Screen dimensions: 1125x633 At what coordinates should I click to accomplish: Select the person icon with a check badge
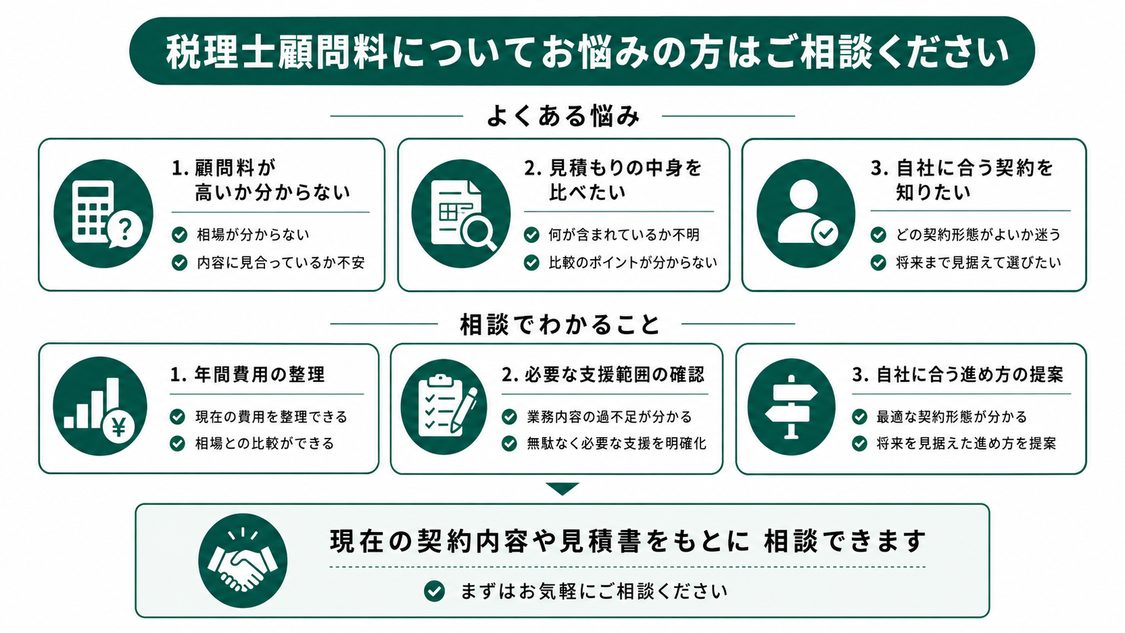point(805,213)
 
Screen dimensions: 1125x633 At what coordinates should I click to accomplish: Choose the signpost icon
point(791,406)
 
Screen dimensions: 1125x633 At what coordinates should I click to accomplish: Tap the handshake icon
point(243,560)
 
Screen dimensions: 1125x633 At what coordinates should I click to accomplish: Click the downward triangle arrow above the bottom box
point(562,488)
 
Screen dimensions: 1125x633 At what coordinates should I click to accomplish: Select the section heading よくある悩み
point(563,116)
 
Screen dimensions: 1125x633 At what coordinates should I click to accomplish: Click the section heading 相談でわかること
point(560,324)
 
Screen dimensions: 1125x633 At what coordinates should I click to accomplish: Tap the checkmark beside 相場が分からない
point(179,234)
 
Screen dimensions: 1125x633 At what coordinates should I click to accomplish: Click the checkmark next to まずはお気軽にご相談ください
point(435,591)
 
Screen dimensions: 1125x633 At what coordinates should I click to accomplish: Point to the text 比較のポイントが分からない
point(632,262)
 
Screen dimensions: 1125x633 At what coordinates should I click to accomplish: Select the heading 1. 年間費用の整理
point(248,375)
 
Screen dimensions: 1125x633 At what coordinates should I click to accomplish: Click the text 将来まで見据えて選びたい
point(978,262)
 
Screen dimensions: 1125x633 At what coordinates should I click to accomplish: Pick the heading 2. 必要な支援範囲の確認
point(603,375)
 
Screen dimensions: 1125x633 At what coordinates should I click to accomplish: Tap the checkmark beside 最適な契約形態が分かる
point(859,416)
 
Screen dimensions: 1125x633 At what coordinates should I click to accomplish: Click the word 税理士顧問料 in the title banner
point(277,52)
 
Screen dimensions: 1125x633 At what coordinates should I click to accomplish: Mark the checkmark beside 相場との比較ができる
point(177,443)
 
